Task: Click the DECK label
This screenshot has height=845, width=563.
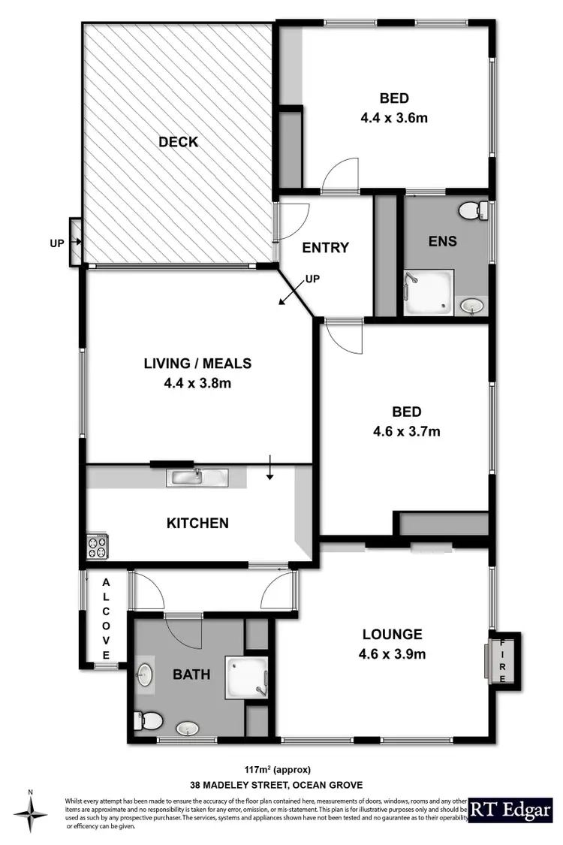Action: click(x=178, y=141)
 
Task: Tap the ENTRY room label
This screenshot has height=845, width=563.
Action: click(x=326, y=248)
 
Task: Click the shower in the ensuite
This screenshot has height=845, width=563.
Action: click(x=429, y=291)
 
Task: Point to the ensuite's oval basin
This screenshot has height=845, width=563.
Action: click(x=471, y=305)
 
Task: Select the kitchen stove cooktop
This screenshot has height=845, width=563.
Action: click(x=98, y=545)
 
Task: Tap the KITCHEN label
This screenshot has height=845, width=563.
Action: click(x=197, y=523)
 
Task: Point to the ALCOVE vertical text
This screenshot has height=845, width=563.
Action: click(x=106, y=620)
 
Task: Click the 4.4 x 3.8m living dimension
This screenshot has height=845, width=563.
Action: click(x=197, y=383)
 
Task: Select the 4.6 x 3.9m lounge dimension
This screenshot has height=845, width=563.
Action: click(x=392, y=653)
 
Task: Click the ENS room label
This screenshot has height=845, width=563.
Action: click(x=444, y=242)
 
